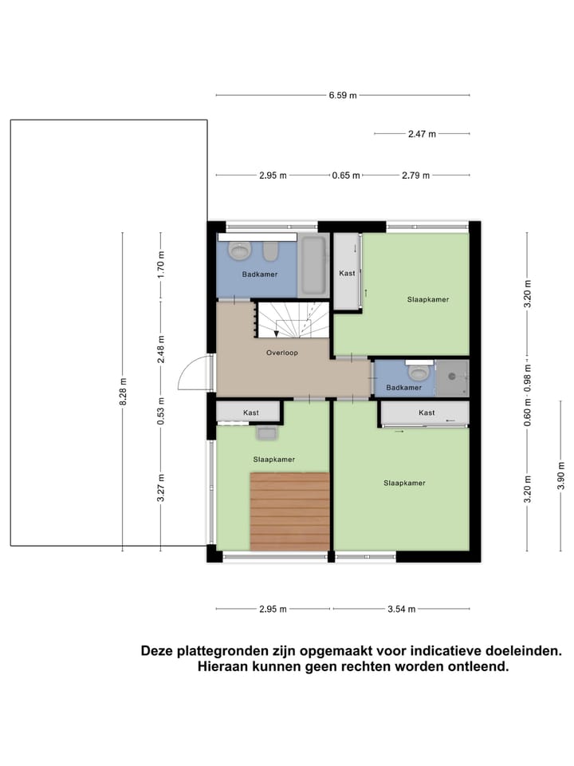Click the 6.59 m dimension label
343,96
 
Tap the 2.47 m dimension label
422,134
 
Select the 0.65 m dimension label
346,176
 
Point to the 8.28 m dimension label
122,392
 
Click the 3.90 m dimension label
561,480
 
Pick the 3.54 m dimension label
401,610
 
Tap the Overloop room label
281,352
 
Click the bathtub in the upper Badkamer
313,264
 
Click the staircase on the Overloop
292,319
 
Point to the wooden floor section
289,511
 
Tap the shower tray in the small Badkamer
453,377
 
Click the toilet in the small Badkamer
419,371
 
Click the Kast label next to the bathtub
347,273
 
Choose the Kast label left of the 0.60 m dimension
427,413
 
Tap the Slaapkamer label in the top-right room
428,299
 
